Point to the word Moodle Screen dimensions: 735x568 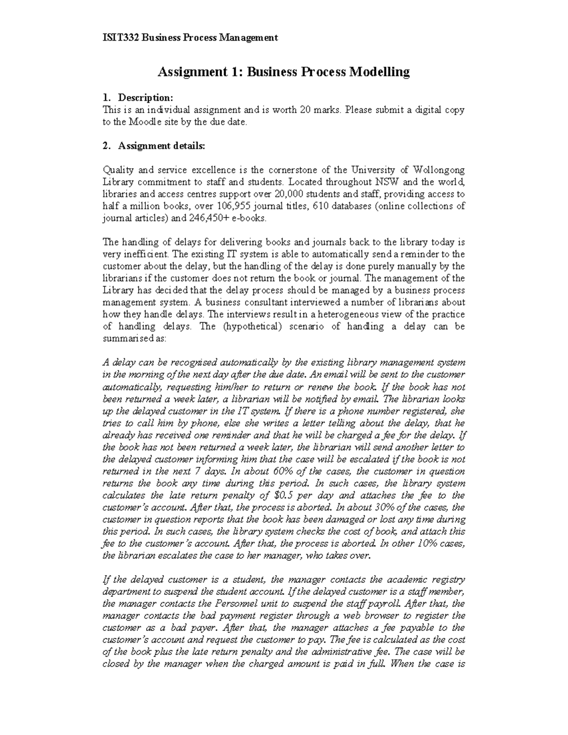(x=145, y=122)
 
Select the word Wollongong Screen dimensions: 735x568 (x=439, y=170)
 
